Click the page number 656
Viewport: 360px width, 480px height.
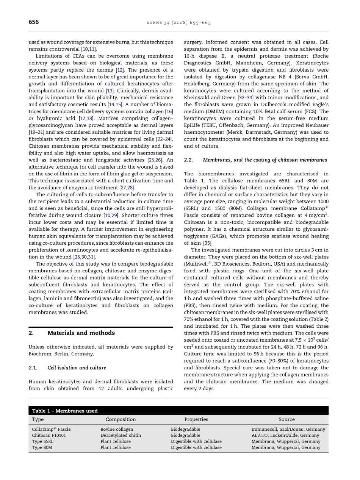34,22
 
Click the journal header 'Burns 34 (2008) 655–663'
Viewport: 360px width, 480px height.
178,23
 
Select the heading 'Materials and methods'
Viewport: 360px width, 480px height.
81,333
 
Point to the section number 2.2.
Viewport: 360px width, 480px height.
188,160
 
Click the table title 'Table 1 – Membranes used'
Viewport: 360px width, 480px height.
65,411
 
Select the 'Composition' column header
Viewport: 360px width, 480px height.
121,419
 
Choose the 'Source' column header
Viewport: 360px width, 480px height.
286,419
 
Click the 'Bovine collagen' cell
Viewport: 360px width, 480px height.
117,429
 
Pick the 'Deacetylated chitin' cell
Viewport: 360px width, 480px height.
121,435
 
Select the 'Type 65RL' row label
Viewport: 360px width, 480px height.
42,441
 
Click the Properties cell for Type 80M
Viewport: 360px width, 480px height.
196,447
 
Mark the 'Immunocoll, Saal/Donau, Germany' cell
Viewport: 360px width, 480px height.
288,429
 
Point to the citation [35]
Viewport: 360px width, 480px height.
207,243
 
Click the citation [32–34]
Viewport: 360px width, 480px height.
246,98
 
